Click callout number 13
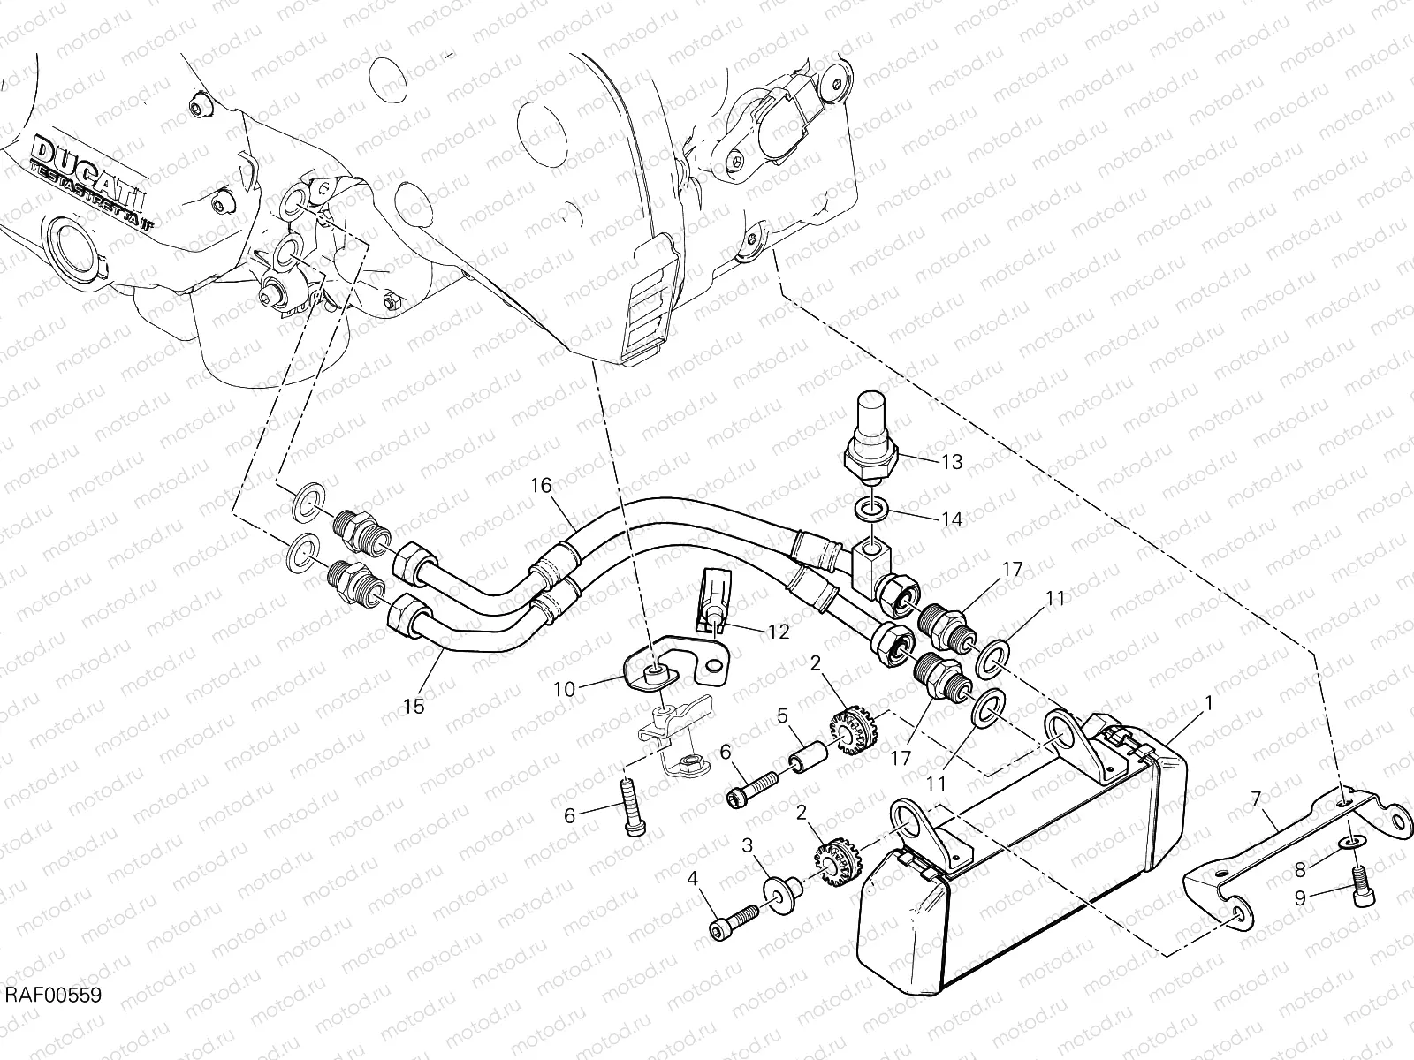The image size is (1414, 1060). [x=951, y=462]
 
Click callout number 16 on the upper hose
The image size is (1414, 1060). [x=541, y=485]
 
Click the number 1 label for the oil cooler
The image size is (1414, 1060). [x=1207, y=705]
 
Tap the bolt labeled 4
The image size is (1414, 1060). [x=734, y=922]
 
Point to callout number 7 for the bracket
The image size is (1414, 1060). [x=1256, y=800]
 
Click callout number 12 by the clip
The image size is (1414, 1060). [x=779, y=632]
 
